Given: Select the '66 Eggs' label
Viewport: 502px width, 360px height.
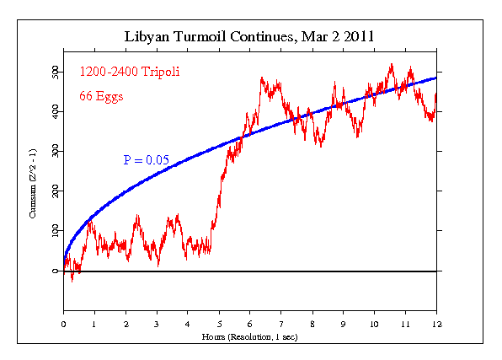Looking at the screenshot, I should coord(102,95).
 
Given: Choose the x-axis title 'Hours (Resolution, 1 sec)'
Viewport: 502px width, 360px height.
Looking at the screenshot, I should coord(250,336).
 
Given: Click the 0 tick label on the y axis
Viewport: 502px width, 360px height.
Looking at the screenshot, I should coord(56,271).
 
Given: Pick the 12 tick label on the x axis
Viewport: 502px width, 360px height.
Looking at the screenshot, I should coord(436,323).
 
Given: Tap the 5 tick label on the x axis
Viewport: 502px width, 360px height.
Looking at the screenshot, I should coord(219,323).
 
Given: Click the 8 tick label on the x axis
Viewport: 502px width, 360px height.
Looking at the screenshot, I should coord(312,323).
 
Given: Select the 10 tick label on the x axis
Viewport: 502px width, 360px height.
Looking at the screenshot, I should coord(375,323).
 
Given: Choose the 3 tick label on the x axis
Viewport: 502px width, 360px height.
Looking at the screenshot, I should coord(157,323).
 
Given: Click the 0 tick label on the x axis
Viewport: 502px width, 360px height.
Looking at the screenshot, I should coord(63,323).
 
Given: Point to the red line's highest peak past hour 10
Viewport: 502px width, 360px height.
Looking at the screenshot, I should coord(391,64).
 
